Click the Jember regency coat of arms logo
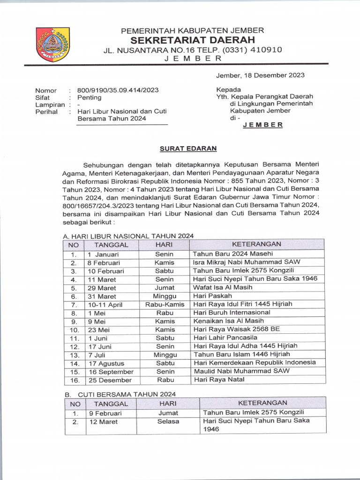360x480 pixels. [53, 45]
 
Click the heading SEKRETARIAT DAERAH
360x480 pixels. [193, 40]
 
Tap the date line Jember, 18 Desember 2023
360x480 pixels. [260, 75]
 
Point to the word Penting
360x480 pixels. [89, 97]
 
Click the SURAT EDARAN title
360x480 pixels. [188, 148]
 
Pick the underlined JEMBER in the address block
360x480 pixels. [263, 125]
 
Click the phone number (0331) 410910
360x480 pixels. [252, 50]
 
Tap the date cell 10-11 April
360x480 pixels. [105, 305]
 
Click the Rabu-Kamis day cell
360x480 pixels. [165, 304]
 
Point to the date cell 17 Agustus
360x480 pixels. [105, 363]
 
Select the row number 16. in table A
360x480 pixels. [74, 380]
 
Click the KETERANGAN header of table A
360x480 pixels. [256, 244]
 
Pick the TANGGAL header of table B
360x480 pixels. [111, 404]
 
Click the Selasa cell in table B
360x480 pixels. [168, 421]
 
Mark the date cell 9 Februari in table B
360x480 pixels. [105, 413]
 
